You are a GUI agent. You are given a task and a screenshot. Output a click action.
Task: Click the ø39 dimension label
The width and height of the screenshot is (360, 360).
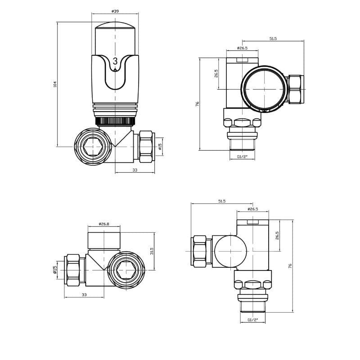tap(115, 11)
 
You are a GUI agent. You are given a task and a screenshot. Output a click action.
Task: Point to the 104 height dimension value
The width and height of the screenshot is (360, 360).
tap(55, 84)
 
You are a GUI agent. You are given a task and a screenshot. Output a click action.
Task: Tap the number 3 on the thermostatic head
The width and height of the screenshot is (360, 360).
tap(115, 62)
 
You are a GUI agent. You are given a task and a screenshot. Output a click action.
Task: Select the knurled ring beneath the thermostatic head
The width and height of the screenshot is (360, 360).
tap(115, 121)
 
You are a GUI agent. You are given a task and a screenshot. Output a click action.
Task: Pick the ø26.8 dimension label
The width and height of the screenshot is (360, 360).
tap(104, 224)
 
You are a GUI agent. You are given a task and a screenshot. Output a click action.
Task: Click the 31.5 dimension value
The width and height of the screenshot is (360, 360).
tap(152, 251)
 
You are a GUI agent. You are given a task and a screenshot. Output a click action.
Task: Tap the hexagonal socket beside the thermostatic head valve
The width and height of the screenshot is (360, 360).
tap(93, 147)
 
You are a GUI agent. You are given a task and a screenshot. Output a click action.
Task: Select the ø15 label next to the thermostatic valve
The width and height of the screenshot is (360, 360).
tap(160, 146)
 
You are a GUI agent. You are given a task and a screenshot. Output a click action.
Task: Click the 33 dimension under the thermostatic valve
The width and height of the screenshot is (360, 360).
tap(135, 170)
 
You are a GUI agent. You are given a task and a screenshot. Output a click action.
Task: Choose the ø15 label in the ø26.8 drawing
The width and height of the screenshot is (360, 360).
tap(55, 270)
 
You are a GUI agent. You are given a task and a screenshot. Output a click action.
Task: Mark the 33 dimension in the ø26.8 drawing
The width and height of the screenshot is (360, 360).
tap(84, 295)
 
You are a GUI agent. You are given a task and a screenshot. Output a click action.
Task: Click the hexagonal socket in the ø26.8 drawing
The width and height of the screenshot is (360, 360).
tap(126, 270)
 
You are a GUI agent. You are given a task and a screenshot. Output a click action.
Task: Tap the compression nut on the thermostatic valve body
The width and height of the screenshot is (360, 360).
tap(146, 147)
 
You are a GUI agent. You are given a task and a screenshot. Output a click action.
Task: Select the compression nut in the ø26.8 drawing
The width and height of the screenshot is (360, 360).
tap(73, 270)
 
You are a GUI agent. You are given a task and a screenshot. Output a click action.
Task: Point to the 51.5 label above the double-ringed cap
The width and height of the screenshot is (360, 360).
tap(273, 39)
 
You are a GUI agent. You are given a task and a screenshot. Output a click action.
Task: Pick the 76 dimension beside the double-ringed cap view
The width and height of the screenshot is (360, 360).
tap(197, 104)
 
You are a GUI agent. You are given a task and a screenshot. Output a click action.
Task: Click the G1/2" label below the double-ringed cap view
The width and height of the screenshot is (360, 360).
tap(242, 157)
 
